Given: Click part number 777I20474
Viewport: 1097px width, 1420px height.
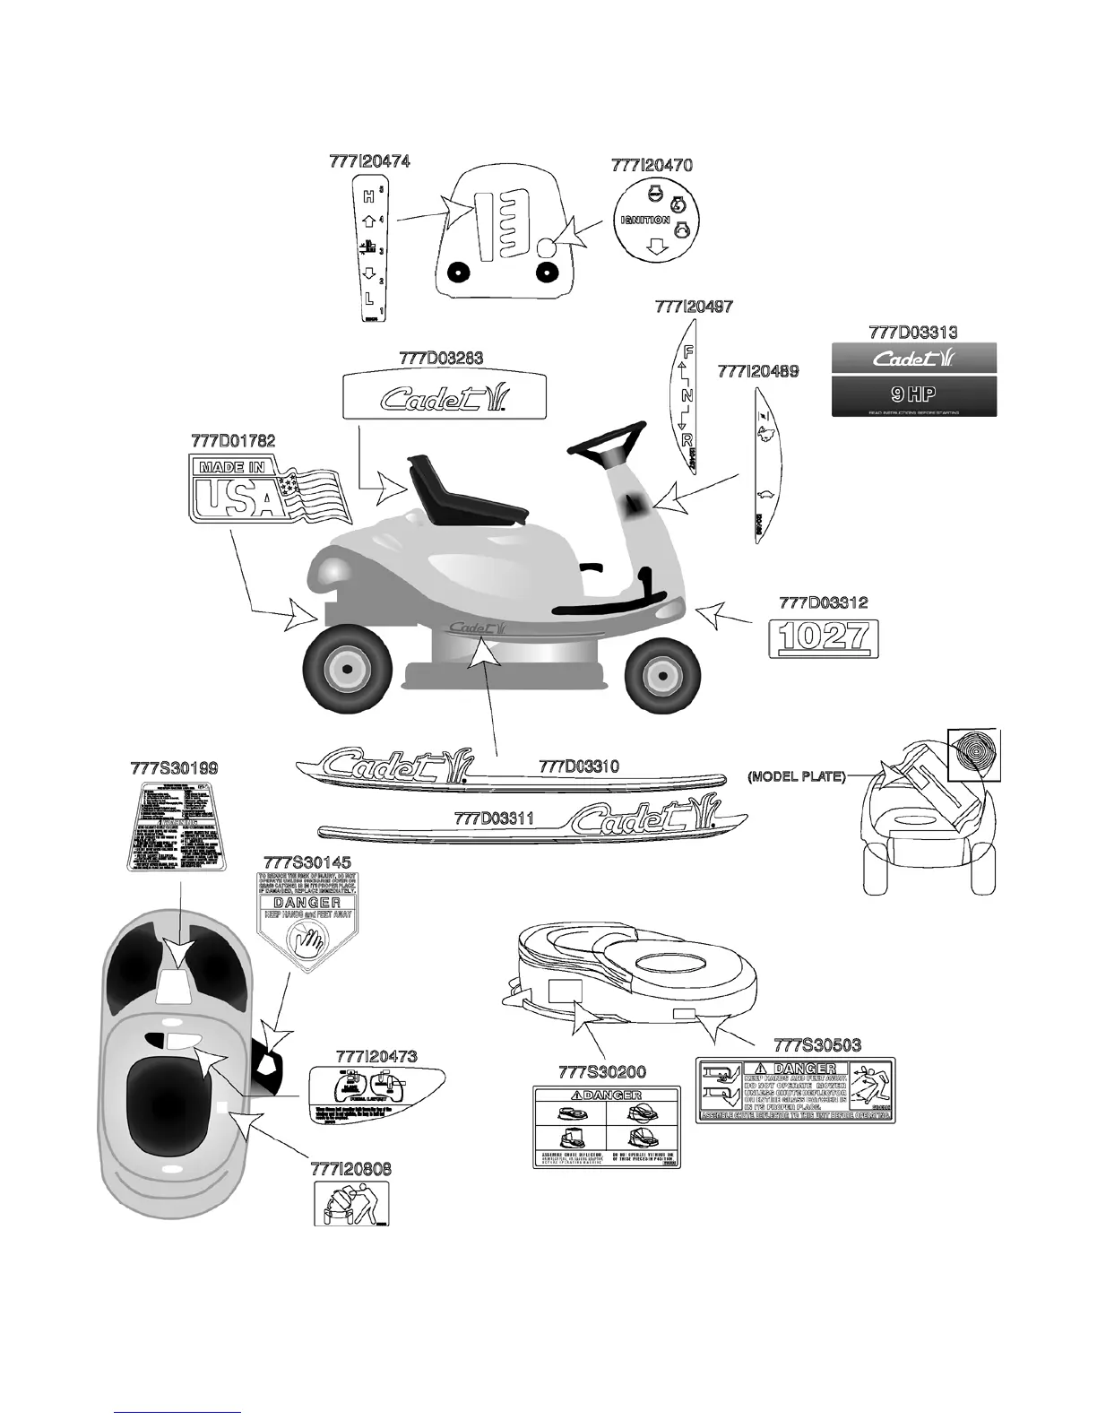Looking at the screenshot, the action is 369,161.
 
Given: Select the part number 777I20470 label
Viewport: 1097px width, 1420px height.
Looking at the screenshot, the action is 652,165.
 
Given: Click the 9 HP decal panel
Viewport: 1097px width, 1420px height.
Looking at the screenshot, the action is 914,394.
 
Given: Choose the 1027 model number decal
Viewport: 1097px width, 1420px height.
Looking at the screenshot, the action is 825,637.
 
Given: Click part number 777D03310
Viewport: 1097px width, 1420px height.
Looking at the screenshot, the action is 578,766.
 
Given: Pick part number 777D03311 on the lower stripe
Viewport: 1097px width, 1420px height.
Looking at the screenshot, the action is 494,818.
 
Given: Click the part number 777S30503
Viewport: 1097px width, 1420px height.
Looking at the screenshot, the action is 816,1045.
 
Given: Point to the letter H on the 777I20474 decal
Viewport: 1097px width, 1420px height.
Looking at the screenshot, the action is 368,195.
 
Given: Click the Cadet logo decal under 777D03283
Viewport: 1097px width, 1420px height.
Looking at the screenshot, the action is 445,395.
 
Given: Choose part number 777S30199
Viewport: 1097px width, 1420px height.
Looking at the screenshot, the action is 174,768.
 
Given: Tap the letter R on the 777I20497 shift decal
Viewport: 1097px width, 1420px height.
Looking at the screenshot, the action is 687,440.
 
